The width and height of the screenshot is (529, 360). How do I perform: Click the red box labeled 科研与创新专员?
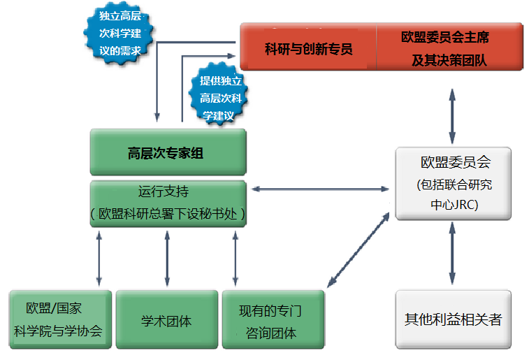(x=308, y=48)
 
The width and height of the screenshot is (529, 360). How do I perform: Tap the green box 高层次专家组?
(x=167, y=152)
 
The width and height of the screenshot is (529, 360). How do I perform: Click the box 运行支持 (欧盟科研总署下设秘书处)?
(x=168, y=203)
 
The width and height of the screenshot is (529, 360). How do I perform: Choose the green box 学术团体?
(x=166, y=321)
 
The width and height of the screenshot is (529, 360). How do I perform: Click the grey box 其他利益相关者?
(x=453, y=319)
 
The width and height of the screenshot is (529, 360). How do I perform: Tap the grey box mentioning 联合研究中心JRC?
(x=454, y=184)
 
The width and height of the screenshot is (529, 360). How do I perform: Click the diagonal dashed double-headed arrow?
(x=358, y=248)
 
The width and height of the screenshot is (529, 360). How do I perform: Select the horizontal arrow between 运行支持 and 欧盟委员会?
(x=319, y=189)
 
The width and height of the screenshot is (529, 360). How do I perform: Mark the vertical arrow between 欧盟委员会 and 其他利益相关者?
(x=454, y=252)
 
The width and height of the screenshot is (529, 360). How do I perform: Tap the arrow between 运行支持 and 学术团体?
(x=166, y=257)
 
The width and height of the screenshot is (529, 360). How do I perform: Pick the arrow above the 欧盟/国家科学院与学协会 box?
(x=99, y=257)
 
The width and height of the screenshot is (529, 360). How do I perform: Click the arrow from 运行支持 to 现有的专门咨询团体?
(x=235, y=257)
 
